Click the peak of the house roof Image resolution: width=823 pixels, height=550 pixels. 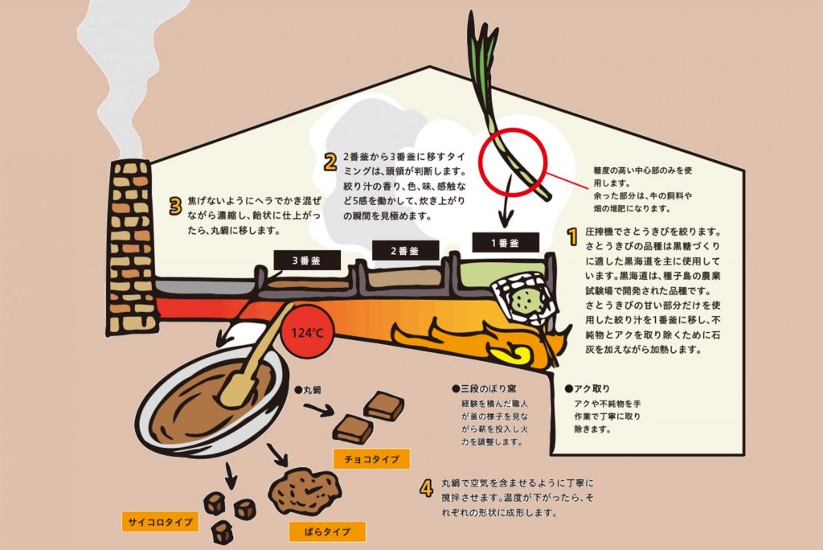tap(430, 67)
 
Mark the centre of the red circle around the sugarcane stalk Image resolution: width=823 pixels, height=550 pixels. tap(514, 162)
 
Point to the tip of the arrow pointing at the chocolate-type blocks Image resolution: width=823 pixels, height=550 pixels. tap(334, 412)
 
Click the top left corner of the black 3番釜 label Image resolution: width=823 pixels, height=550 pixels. tap(275, 251)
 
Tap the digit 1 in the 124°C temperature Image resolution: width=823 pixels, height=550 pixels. tap(294, 333)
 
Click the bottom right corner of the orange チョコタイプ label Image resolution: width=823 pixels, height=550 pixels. tap(409, 468)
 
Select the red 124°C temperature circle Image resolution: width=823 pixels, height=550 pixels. tap(308, 333)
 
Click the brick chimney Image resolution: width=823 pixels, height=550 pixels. tap(132, 247)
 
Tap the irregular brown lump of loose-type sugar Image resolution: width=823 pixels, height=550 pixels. tap(305, 491)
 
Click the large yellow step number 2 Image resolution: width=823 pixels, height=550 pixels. tap(330, 162)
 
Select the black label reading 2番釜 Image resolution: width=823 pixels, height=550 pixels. tap(406, 251)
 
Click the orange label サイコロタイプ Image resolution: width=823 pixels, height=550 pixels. tap(160, 522)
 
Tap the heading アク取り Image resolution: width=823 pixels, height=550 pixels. tap(588, 388)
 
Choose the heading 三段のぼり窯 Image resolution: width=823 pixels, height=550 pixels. tap(484, 388)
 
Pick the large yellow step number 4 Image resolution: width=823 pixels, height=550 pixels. tap(427, 488)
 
